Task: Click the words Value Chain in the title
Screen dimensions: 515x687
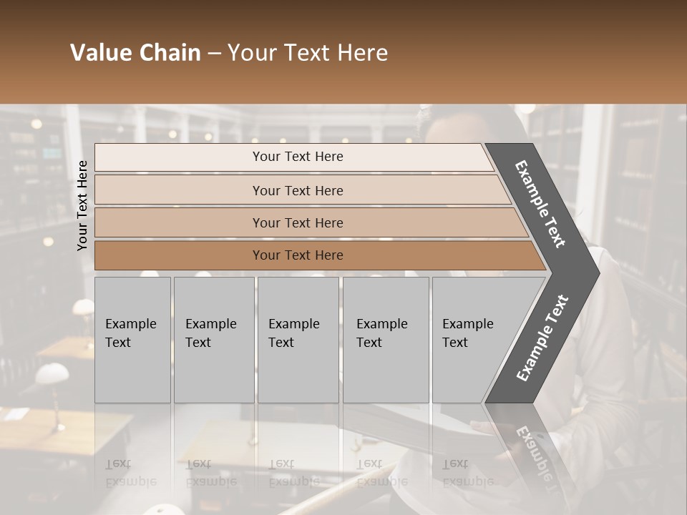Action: (x=135, y=53)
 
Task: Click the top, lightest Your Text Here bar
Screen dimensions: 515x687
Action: (x=298, y=157)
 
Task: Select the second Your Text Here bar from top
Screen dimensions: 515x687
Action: (x=298, y=190)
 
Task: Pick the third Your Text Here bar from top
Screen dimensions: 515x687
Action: (x=298, y=222)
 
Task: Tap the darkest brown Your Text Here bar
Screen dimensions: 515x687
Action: (x=298, y=255)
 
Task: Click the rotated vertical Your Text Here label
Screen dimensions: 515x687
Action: (x=82, y=205)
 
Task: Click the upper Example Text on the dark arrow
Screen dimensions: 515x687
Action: (x=540, y=204)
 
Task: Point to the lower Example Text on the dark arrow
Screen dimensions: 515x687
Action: (x=542, y=338)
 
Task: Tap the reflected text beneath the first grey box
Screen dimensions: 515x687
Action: (x=130, y=472)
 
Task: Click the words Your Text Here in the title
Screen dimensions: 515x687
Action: (x=308, y=53)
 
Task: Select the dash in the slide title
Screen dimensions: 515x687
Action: (x=214, y=53)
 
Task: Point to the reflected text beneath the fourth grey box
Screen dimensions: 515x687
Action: (x=381, y=472)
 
